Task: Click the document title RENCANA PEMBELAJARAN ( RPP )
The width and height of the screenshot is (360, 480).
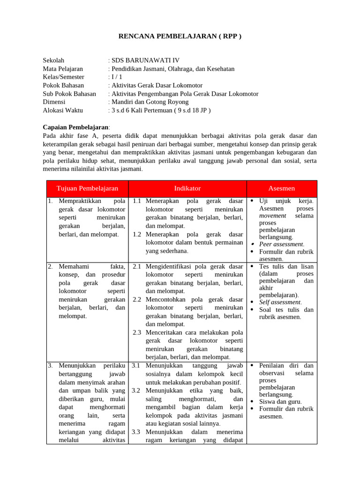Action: click(x=180, y=37)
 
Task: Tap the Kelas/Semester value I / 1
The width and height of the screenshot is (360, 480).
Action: click(x=115, y=77)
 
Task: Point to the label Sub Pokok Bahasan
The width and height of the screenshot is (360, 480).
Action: click(x=69, y=94)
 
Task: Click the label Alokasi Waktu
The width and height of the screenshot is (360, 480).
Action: click(x=63, y=110)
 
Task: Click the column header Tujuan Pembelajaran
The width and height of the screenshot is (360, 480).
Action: click(x=87, y=188)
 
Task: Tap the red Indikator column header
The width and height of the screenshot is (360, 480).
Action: click(x=187, y=188)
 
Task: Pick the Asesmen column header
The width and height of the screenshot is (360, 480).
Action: click(x=282, y=188)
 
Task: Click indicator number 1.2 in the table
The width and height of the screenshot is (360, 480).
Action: click(x=137, y=234)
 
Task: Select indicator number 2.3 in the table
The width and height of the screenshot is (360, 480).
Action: click(x=137, y=332)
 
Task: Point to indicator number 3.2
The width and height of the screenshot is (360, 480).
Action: click(x=137, y=390)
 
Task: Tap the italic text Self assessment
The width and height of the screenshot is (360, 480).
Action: click(x=280, y=302)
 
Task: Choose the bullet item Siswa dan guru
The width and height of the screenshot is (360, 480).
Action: click(x=280, y=402)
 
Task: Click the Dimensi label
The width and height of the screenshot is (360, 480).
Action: click(x=54, y=102)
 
